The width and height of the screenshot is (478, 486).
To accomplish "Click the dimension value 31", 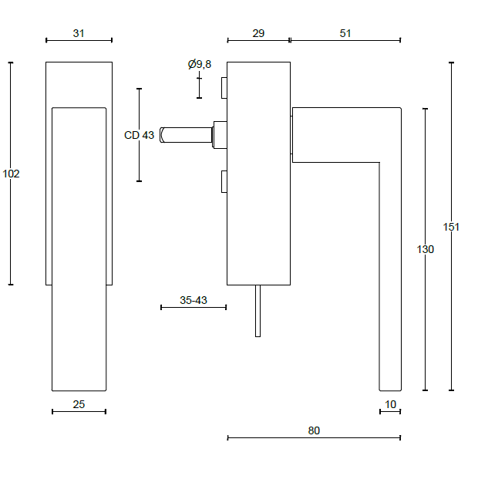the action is pyautogui.click(x=79, y=33).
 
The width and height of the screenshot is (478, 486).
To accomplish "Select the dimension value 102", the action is pyautogui.click(x=11, y=174).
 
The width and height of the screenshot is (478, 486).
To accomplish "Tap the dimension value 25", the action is pyautogui.click(x=79, y=404).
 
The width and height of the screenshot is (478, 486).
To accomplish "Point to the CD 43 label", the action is pyautogui.click(x=139, y=135).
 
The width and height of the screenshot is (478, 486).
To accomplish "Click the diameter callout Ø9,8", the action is pyautogui.click(x=200, y=64).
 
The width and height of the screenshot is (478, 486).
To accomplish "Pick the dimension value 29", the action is pyautogui.click(x=258, y=33).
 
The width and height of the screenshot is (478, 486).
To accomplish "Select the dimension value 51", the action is pyautogui.click(x=345, y=33).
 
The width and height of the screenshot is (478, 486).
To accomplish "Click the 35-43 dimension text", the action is pyautogui.click(x=194, y=300).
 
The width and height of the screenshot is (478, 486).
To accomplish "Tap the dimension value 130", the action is pyautogui.click(x=425, y=249).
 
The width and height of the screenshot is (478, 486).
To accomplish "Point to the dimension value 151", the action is pyautogui.click(x=451, y=227).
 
